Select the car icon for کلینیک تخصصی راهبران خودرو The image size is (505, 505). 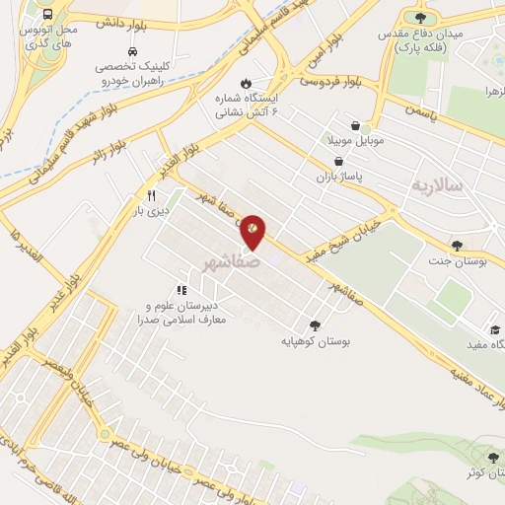point(132,50)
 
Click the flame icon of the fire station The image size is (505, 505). point(246,84)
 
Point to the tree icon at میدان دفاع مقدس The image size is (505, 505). point(421,17)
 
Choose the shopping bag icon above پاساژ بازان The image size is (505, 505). point(339,161)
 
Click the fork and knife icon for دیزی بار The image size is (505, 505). point(150,195)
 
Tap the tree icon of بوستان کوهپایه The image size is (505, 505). point(315,325)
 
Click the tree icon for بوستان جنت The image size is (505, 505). point(456,246)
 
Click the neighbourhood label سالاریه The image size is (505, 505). point(435,185)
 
